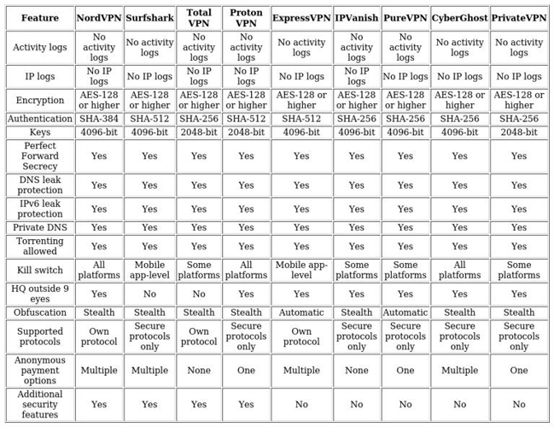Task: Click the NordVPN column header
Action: pyautogui.click(x=99, y=18)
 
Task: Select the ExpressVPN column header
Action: pyautogui.click(x=301, y=18)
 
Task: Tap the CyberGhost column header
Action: pyautogui.click(x=460, y=18)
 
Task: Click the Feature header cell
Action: pyautogui.click(x=40, y=18)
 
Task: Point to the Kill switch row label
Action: pyautogui.click(x=40, y=271)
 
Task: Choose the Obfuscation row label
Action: pyautogui.click(x=40, y=313)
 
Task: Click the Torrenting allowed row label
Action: pyautogui.click(x=40, y=246)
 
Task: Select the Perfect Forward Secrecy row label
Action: pyautogui.click(x=40, y=156)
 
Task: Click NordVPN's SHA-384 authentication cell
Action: pyautogui.click(x=99, y=119)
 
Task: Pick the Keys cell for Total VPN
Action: pyautogui.click(x=199, y=132)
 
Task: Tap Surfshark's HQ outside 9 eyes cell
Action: pyautogui.click(x=149, y=294)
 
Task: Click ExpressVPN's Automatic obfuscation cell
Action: pyautogui.click(x=301, y=313)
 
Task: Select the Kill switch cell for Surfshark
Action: pyautogui.click(x=149, y=271)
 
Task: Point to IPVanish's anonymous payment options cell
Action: pyautogui.click(x=357, y=371)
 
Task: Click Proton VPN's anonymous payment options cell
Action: pyautogui.click(x=246, y=371)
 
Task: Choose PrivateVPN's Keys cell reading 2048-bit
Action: pyautogui.click(x=519, y=132)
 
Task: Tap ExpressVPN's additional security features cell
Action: pyautogui.click(x=301, y=405)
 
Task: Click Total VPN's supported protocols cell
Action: pyautogui.click(x=199, y=336)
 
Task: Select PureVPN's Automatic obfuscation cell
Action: pyautogui.click(x=405, y=313)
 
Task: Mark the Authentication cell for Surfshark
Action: pyautogui.click(x=149, y=119)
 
